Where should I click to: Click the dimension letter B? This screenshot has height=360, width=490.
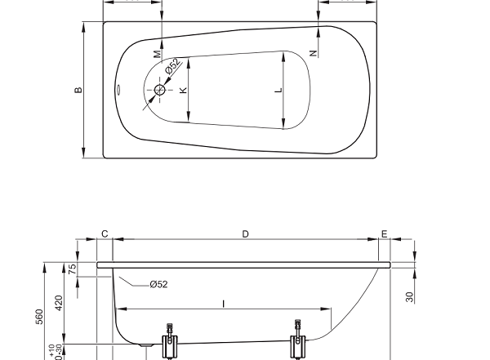(78, 90)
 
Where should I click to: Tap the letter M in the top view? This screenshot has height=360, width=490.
(158, 54)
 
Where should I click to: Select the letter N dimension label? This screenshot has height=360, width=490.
(314, 53)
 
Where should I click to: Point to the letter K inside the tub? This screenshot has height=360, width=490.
(183, 90)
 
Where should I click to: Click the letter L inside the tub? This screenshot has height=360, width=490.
(278, 90)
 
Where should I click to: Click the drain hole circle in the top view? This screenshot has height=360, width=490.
(160, 90)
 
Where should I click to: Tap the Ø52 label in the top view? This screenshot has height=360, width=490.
(173, 66)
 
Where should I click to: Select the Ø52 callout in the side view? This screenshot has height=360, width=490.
(158, 284)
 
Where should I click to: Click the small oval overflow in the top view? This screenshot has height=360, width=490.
(118, 90)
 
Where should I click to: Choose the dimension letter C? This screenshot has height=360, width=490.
(105, 233)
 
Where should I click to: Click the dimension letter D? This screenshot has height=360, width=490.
(245, 233)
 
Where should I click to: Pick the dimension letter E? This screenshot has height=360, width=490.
(385, 233)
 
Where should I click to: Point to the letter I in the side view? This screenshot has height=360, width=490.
(224, 304)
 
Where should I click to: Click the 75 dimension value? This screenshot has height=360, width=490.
(72, 269)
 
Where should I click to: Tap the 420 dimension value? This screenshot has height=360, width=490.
(59, 303)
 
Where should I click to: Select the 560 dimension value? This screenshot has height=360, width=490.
(39, 317)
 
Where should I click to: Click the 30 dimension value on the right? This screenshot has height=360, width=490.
(410, 297)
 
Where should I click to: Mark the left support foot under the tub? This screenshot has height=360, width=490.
(170, 342)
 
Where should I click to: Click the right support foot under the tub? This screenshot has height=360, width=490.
(298, 340)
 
